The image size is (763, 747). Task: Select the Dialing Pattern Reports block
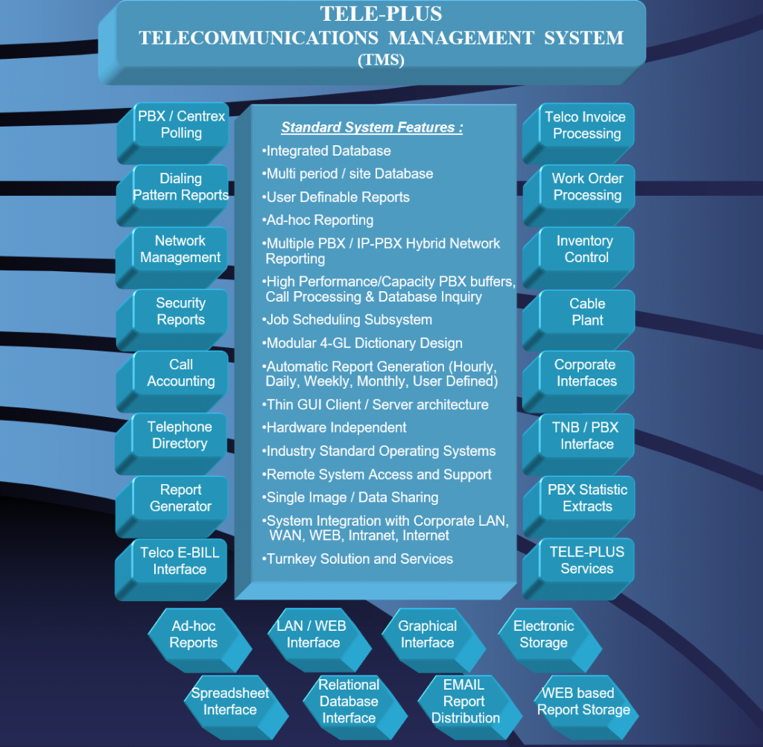click(x=173, y=195)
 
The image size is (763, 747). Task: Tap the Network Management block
click(x=172, y=257)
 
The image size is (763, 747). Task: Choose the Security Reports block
click(x=172, y=320)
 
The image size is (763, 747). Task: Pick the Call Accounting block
click(x=172, y=381)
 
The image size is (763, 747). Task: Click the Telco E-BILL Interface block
click(x=171, y=569)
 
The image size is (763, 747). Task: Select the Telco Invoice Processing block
click(x=578, y=133)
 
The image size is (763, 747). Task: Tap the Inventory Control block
click(x=578, y=258)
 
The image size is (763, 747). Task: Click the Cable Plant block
click(x=579, y=320)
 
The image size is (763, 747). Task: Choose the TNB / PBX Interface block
click(x=578, y=444)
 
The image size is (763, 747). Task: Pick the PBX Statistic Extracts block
click(x=579, y=506)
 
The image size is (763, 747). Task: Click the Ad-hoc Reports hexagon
click(x=200, y=640)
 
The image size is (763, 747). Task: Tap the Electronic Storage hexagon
click(x=550, y=640)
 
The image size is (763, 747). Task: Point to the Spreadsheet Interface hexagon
click(x=236, y=707)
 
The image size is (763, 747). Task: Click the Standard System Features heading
click(x=372, y=127)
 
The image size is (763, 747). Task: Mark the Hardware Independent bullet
click(x=334, y=427)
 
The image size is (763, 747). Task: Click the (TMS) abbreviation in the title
click(x=381, y=60)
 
